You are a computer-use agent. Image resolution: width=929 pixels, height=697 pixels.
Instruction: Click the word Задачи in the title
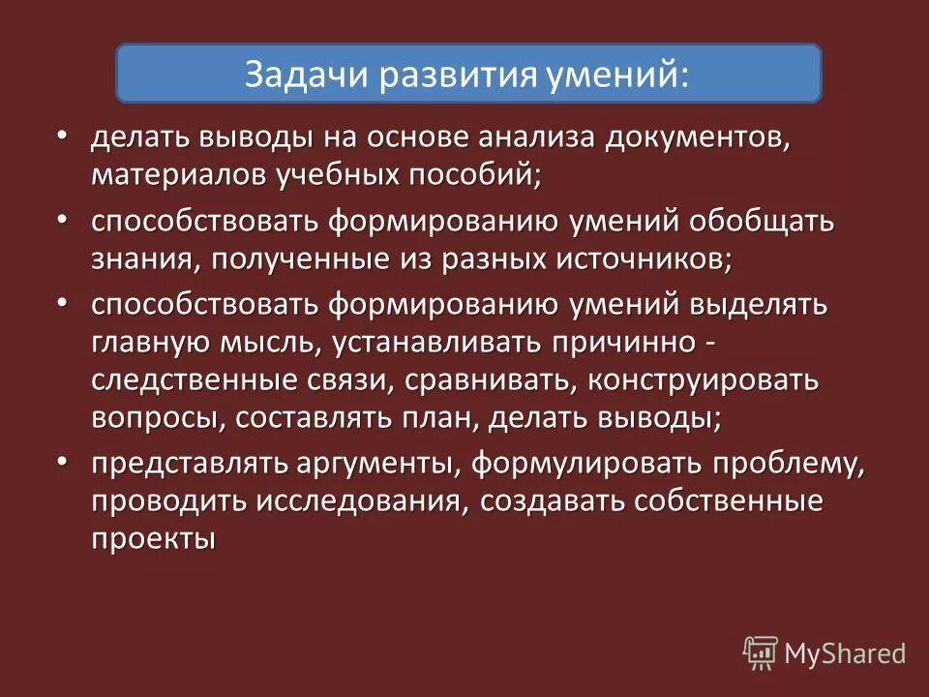(x=296, y=75)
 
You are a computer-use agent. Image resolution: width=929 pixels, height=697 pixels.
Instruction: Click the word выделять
(x=759, y=306)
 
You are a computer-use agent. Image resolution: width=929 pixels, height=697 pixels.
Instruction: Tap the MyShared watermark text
(x=845, y=653)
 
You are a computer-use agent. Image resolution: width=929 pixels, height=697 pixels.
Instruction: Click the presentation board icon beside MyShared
(x=761, y=652)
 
